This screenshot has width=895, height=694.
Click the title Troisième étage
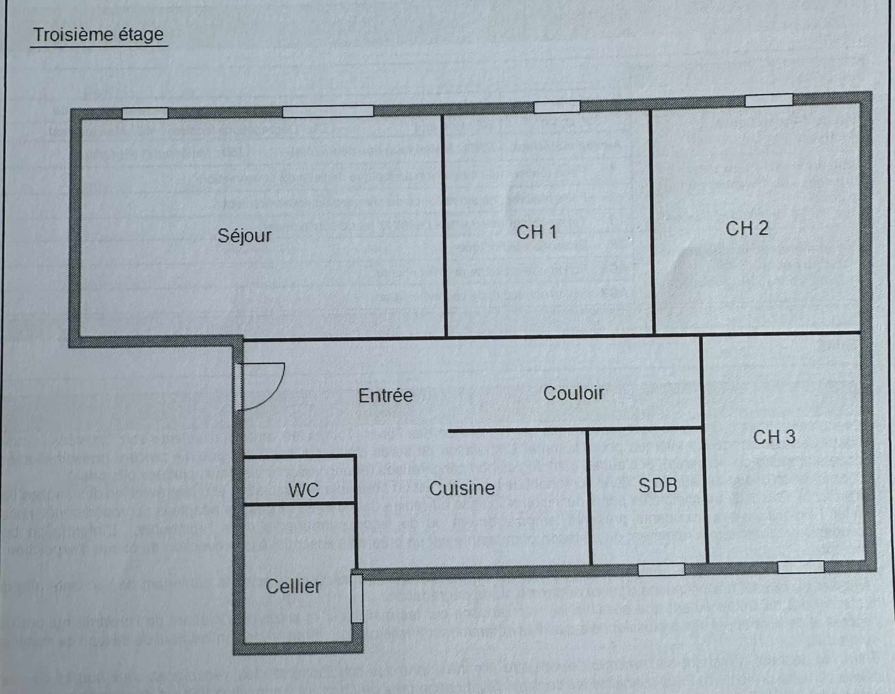click(x=99, y=35)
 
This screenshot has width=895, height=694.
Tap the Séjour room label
click(x=245, y=236)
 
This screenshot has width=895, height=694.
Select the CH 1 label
click(x=537, y=232)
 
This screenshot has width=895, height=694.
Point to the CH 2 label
click(x=747, y=229)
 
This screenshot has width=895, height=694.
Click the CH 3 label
click(x=774, y=437)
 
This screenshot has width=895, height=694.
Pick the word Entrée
click(x=385, y=396)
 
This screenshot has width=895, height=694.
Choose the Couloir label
click(x=573, y=393)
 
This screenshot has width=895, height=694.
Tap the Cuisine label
click(x=462, y=488)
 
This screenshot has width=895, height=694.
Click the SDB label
click(x=658, y=486)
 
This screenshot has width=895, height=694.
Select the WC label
click(x=304, y=490)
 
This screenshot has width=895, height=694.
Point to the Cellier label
click(x=293, y=586)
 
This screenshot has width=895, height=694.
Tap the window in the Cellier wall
click(x=357, y=599)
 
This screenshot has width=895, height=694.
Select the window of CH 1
click(x=557, y=107)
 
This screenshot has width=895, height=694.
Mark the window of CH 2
click(x=769, y=101)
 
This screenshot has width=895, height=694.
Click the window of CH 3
click(x=801, y=567)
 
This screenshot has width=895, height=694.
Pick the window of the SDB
click(x=661, y=569)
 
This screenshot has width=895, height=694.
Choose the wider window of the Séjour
click(x=328, y=111)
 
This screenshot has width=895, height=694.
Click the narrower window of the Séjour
click(x=145, y=113)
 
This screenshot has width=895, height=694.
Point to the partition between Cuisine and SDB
click(x=589, y=497)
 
